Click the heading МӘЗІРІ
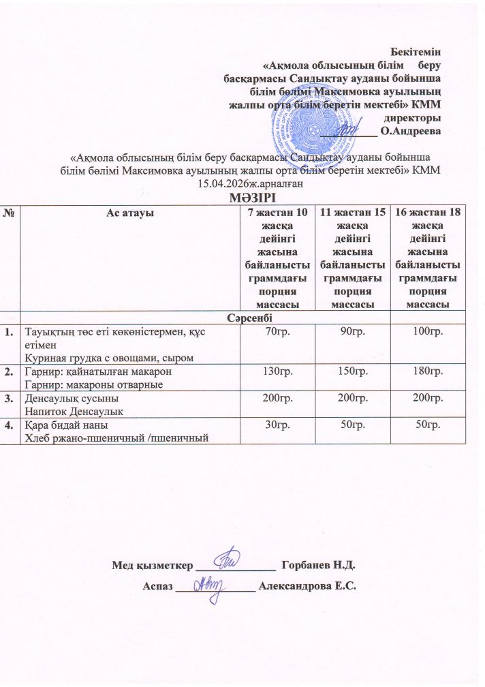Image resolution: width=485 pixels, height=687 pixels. [242, 196]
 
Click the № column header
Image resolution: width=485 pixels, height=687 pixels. [10, 214]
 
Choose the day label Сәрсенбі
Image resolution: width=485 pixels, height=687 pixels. [242, 317]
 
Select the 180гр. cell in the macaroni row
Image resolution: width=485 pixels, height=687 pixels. [429, 372]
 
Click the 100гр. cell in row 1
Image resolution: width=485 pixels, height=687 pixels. [429, 331]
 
